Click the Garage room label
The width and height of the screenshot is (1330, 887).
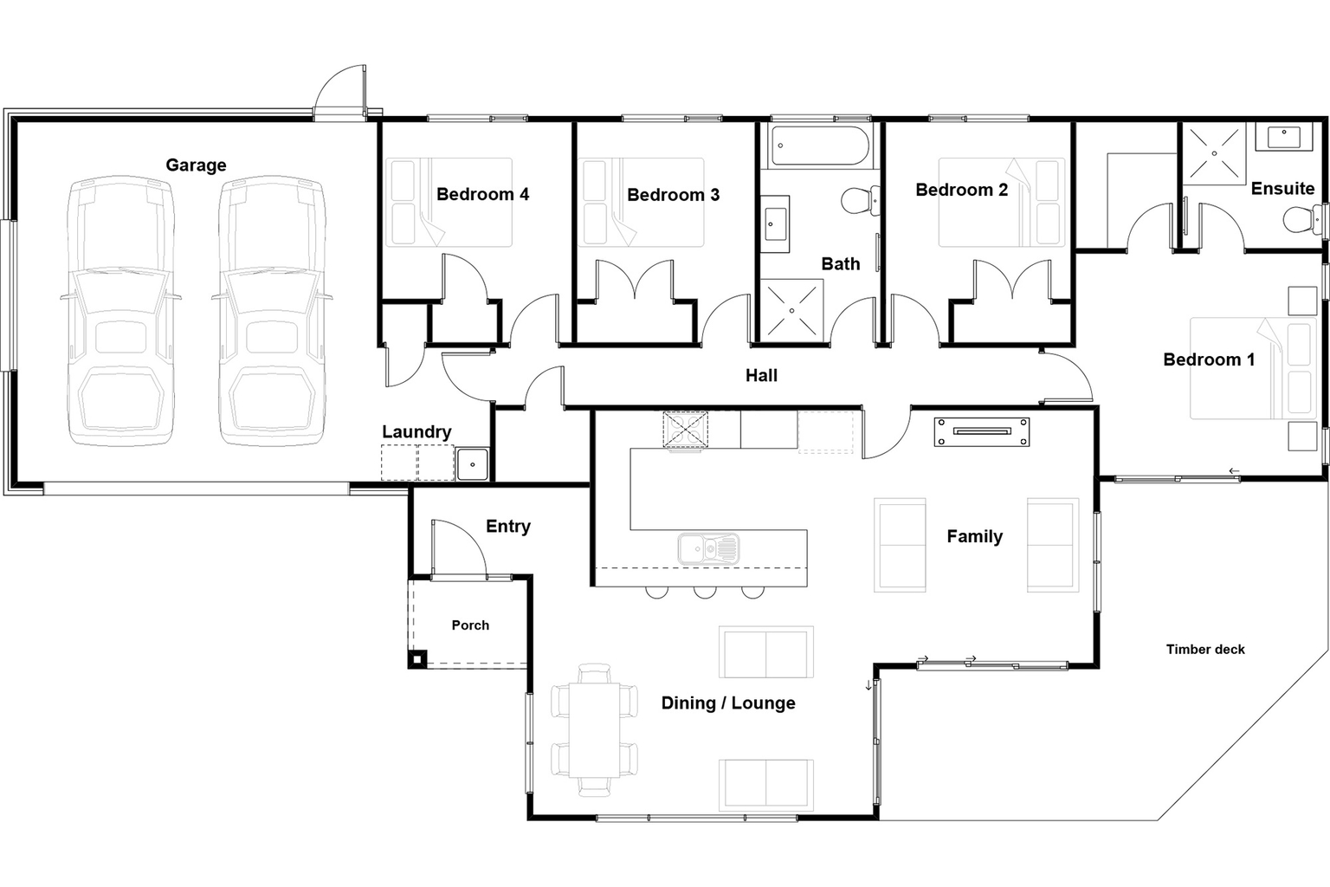[x=196, y=165]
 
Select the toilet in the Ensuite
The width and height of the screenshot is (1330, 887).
[x=1297, y=219]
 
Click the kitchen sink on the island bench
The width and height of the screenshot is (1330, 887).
[x=708, y=548]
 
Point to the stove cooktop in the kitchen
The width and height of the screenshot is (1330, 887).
[x=685, y=430]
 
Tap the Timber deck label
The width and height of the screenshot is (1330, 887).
[x=1204, y=649]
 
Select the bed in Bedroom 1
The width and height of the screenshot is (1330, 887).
[x=1252, y=368]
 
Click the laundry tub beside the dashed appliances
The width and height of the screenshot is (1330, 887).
[x=472, y=464]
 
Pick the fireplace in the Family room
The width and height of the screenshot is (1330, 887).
[x=981, y=431]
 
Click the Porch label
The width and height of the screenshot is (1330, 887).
[x=470, y=625]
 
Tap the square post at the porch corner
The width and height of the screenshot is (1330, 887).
[x=416, y=660]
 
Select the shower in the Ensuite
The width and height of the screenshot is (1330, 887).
[x=1214, y=153]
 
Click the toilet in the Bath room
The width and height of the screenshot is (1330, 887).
[x=860, y=201]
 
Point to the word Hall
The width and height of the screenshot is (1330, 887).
[x=761, y=375]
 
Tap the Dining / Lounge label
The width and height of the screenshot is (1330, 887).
[x=727, y=702]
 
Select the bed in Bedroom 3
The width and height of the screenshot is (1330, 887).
[x=642, y=201]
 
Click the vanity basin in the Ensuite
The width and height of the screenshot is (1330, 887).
[x=1284, y=136]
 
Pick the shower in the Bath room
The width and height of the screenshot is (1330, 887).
[x=791, y=309]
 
